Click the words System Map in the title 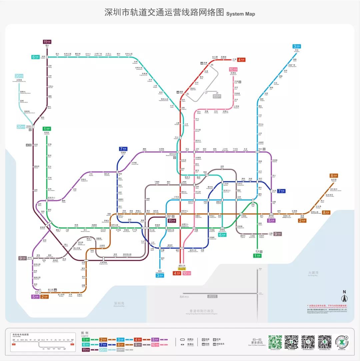[x=240, y=14]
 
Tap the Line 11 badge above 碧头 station [x=47, y=42]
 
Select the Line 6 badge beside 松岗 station [x=36, y=57]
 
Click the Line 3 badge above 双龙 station [x=297, y=46]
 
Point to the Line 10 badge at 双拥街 [x=233, y=70]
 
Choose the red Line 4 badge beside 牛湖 [x=241, y=60]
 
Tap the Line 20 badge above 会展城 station [x=19, y=76]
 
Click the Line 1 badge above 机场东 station [x=47, y=129]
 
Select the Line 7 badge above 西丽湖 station [x=123, y=149]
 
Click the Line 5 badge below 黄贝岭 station [x=272, y=220]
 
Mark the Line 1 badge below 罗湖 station [x=257, y=256]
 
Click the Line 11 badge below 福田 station [x=172, y=221]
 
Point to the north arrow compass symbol [x=345, y=296]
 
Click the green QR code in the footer [x=275, y=342]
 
